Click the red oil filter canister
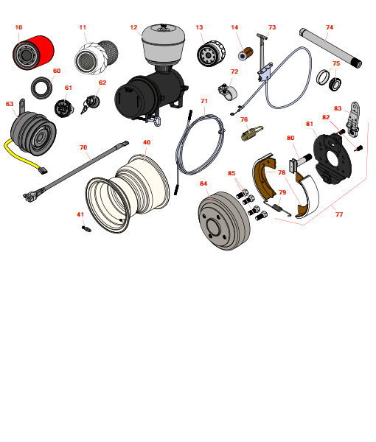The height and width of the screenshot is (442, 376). pyautogui.click(x=33, y=53)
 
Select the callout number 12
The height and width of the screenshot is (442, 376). pyautogui.click(x=133, y=27)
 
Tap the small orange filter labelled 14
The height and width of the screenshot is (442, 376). pyautogui.click(x=246, y=54)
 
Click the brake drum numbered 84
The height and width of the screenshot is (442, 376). pyautogui.click(x=224, y=221)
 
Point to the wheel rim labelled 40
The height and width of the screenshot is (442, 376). pyautogui.click(x=128, y=193)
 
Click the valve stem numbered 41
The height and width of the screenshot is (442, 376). pyautogui.click(x=86, y=228)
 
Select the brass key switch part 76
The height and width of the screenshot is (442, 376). pyautogui.click(x=252, y=133)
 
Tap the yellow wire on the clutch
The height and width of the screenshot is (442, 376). pyautogui.click(x=24, y=158)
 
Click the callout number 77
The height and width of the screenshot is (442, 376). pyautogui.click(x=339, y=214)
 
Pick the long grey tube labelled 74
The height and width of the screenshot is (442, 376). pyautogui.click(x=330, y=48)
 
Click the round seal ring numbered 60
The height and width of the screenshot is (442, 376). pyautogui.click(x=41, y=88)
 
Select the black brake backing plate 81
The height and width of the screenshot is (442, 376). pyautogui.click(x=333, y=159)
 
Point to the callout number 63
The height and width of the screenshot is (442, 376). pyautogui.click(x=10, y=104)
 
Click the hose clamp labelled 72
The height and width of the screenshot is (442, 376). pyautogui.click(x=228, y=91)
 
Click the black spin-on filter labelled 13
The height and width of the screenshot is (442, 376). pyautogui.click(x=211, y=54)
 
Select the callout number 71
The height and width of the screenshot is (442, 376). pyautogui.click(x=204, y=101)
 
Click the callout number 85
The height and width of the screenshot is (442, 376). pyautogui.click(x=231, y=173)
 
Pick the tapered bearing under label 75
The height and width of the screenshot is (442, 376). pyautogui.click(x=335, y=83)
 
